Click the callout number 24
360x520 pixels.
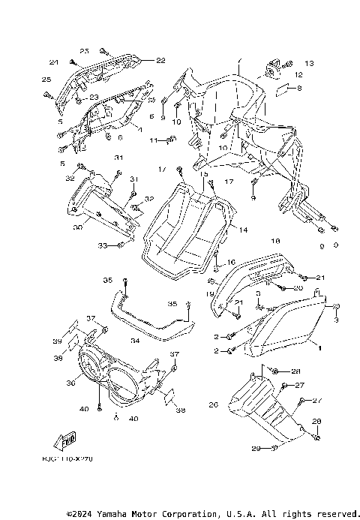(x=54, y=62)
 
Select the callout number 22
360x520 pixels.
(x=160, y=61)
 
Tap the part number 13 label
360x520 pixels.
(x=309, y=62)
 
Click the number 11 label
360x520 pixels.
(x=151, y=140)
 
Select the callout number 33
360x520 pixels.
(x=102, y=245)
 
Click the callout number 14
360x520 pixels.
(x=242, y=231)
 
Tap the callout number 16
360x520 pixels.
(x=231, y=262)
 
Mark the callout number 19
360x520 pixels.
(x=211, y=293)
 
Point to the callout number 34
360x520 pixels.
(x=135, y=341)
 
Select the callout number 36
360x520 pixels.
(x=72, y=382)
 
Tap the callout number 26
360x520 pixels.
(x=213, y=405)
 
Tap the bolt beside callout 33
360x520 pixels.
(x=121, y=245)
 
